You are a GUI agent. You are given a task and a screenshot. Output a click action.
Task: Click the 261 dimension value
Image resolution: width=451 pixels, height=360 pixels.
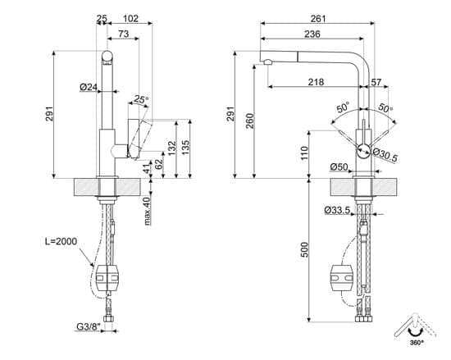pos(318,19)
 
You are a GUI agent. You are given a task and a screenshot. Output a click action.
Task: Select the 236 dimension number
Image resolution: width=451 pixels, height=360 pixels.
pos(312,34)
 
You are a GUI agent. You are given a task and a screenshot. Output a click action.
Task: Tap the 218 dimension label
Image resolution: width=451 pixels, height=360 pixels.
pos(316,82)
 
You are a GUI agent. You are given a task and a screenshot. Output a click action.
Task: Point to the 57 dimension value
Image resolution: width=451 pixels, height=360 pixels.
pos(376,82)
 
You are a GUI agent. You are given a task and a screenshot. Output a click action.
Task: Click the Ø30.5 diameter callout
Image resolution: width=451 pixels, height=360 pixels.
pos(385,155)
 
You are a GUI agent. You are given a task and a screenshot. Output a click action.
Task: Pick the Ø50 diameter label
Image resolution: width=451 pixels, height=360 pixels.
pos(339,166)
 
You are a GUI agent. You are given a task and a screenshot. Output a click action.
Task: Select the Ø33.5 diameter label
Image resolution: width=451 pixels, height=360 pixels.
pos(337,211)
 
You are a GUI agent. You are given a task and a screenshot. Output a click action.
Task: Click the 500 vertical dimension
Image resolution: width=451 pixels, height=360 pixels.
pos(304,249)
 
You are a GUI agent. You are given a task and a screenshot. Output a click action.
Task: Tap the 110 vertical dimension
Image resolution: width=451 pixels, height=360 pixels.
pos(304,153)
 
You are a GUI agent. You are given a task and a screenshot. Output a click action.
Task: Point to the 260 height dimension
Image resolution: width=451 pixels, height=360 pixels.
pos(251,121)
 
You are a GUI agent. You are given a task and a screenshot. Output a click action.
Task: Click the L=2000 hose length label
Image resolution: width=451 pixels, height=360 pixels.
pos(61,241)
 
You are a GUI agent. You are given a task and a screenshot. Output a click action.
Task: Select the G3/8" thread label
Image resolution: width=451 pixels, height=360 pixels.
pos(89,327)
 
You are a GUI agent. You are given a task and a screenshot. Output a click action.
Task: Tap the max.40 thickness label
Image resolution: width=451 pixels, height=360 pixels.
pos(147,211)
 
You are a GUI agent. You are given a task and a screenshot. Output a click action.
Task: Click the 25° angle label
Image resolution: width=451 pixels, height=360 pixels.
pos(141,100)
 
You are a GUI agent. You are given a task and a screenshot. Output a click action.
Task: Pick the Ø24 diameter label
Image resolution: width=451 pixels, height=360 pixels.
pos(89,87)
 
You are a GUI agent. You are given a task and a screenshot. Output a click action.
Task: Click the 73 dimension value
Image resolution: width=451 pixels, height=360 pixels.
pos(124,34)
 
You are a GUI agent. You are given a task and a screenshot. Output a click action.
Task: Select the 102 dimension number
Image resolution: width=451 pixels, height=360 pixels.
pos(130,19)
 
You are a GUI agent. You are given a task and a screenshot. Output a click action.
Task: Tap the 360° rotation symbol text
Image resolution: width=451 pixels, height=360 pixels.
pos(417,343)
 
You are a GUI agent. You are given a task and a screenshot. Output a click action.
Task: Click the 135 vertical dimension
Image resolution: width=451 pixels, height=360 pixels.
pos(186,148)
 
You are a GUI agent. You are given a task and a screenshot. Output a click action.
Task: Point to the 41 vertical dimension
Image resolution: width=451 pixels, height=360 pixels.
pos(147,168)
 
